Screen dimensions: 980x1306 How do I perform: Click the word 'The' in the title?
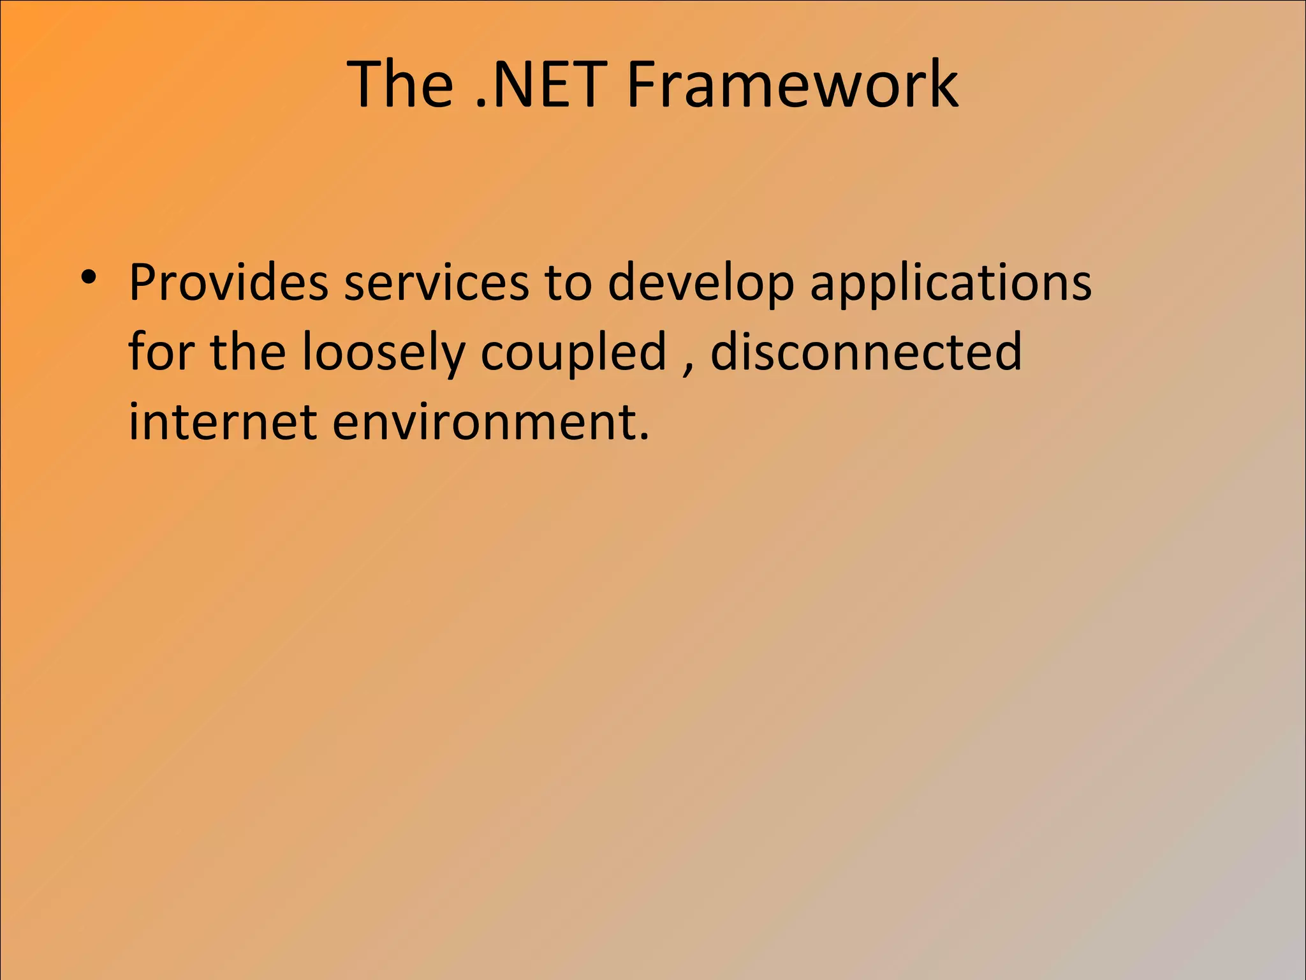(x=400, y=84)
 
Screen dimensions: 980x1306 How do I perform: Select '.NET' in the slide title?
(x=541, y=84)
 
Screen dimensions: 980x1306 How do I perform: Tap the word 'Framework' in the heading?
(x=792, y=84)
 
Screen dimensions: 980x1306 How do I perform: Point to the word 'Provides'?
(x=228, y=282)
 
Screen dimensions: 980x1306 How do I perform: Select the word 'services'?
(x=436, y=282)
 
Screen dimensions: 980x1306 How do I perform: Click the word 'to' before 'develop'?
(x=568, y=282)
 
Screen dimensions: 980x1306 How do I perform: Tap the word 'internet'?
(x=223, y=422)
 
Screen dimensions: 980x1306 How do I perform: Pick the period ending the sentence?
(x=643, y=437)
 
